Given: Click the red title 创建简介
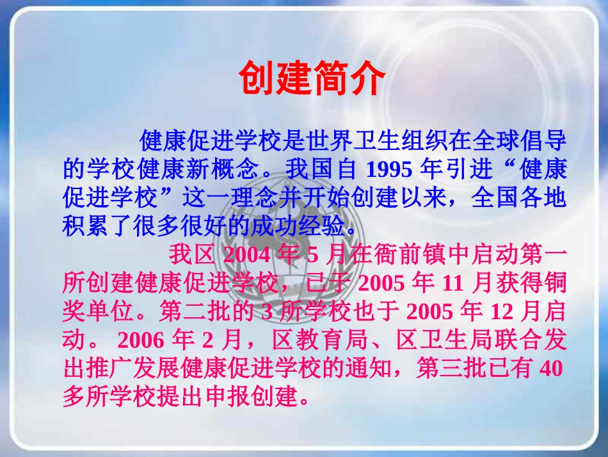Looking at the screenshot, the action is tap(312, 78).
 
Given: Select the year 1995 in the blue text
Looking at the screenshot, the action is tap(389, 169).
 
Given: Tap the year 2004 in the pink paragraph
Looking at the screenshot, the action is tap(247, 255).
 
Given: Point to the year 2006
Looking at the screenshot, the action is tap(141, 340).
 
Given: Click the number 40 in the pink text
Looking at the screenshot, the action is tap(551, 368).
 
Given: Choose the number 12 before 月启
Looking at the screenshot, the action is tap(502, 312).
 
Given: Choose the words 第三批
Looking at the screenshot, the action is tap(451, 368).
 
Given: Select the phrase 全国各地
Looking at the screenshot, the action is tap(519, 197).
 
